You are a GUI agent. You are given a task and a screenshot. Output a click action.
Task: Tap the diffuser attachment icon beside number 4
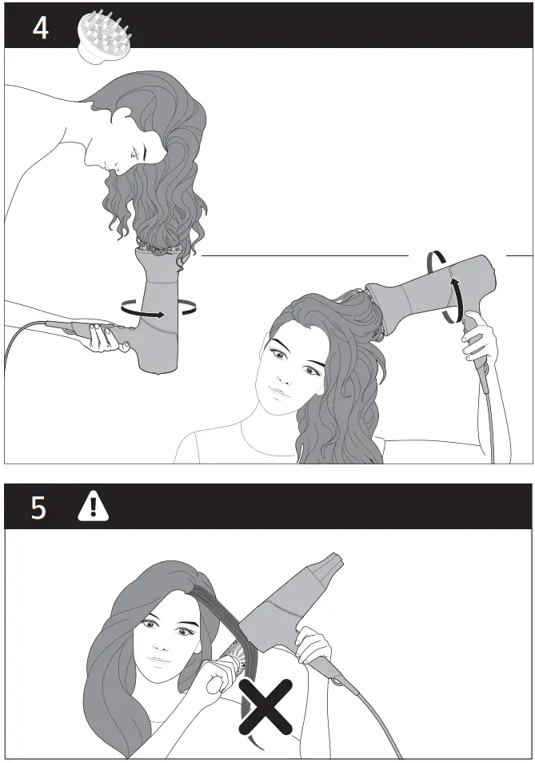(x=102, y=37)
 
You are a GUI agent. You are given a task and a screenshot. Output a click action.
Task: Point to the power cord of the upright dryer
(x=24, y=333)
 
